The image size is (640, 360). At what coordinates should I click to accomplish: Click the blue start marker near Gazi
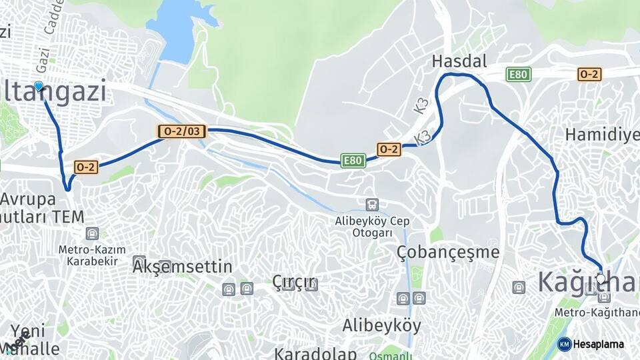(39, 86)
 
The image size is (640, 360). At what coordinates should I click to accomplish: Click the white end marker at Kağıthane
(601, 278)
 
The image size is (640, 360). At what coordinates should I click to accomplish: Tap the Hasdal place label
(459, 61)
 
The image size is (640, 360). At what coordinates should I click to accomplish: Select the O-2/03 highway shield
(181, 131)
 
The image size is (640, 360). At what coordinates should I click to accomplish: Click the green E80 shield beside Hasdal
(518, 74)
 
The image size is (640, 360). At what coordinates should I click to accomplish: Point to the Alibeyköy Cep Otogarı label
(372, 227)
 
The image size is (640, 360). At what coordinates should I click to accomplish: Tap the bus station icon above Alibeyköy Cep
(372, 205)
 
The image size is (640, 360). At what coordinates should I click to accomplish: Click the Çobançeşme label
(447, 252)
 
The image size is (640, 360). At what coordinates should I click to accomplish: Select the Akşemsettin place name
(183, 267)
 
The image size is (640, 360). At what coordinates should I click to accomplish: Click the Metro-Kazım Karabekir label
(92, 255)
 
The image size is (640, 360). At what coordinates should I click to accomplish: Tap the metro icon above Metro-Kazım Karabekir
(91, 233)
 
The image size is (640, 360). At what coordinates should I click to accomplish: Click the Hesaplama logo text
(599, 344)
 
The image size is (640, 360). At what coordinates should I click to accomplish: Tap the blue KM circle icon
(564, 344)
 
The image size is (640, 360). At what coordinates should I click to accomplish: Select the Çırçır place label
(293, 282)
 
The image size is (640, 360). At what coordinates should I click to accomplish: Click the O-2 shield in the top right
(589, 74)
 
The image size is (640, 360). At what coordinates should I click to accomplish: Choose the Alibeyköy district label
(381, 325)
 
